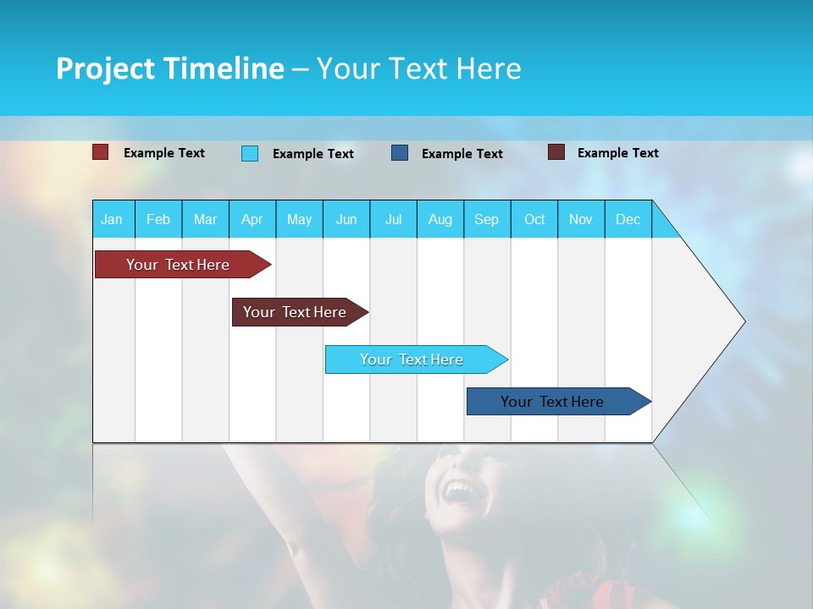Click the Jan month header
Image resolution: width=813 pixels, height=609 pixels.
click(113, 219)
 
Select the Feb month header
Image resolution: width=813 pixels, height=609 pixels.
click(158, 219)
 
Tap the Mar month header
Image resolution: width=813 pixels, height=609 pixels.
click(205, 219)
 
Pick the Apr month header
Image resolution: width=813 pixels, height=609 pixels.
click(252, 219)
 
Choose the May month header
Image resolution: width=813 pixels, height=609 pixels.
click(299, 219)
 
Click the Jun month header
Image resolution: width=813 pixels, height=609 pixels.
click(346, 219)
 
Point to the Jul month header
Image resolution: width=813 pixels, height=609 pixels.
click(393, 219)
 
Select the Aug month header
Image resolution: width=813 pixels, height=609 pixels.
click(440, 219)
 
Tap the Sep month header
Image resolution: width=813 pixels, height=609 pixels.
click(487, 219)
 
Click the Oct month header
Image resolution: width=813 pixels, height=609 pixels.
click(534, 219)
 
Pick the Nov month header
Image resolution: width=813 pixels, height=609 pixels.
click(581, 219)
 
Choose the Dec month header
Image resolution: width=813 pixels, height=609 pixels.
click(628, 219)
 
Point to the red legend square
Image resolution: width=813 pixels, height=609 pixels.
click(101, 152)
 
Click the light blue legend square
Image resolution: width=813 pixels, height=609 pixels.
click(250, 153)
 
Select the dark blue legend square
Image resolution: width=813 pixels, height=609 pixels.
click(400, 153)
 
